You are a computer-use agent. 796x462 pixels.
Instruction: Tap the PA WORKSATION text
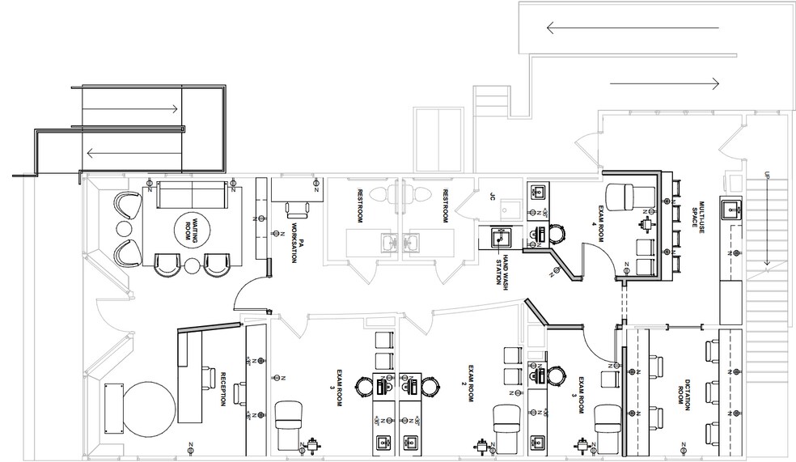pyautogui.click(x=297, y=240)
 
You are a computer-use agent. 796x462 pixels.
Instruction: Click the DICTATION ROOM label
pyautogui.click(x=687, y=393)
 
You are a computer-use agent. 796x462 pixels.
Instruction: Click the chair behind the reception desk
pyautogui.click(x=237, y=392)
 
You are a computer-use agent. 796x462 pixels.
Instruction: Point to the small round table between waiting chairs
pyautogui.click(x=191, y=265)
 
